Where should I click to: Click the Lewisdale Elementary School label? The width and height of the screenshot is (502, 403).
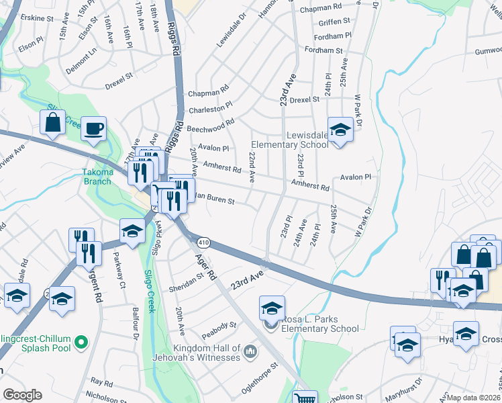coord(289,140)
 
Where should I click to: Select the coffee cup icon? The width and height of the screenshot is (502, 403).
coord(94,128)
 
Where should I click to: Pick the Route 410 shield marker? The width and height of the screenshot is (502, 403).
coord(203,242)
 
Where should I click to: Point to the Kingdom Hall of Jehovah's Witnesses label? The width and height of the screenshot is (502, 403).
coord(207,353)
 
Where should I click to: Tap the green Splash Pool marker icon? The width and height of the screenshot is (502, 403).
coord(82,343)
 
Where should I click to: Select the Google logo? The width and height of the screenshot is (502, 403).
coord(22,395)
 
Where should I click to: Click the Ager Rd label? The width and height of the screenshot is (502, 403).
coord(205,267)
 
